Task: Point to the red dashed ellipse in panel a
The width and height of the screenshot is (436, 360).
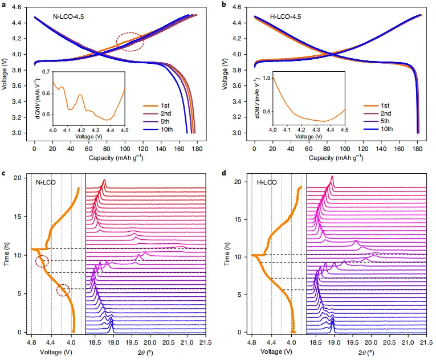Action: [x=130, y=42]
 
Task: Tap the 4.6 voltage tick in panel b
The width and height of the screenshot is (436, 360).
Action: [x=242, y=7]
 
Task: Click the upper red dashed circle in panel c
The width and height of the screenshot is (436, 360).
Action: [x=42, y=262]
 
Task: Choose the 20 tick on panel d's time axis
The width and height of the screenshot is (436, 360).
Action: [x=240, y=182]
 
